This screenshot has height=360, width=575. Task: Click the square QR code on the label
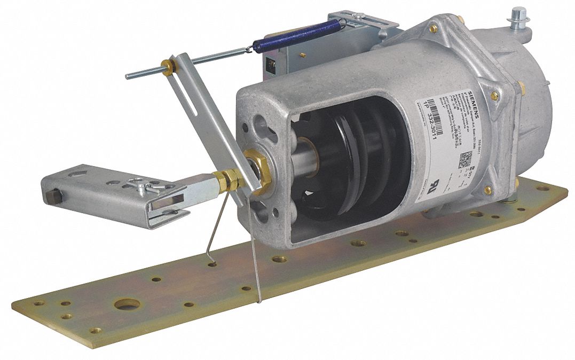(x=466, y=159)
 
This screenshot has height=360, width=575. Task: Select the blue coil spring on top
(x=299, y=35)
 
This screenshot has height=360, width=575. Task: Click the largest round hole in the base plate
(x=128, y=304)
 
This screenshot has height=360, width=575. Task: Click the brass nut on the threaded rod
(x=170, y=67)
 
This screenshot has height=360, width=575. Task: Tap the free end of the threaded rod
(x=129, y=76)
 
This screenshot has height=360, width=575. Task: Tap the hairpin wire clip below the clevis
(x=219, y=230)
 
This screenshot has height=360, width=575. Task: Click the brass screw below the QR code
(x=486, y=190)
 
